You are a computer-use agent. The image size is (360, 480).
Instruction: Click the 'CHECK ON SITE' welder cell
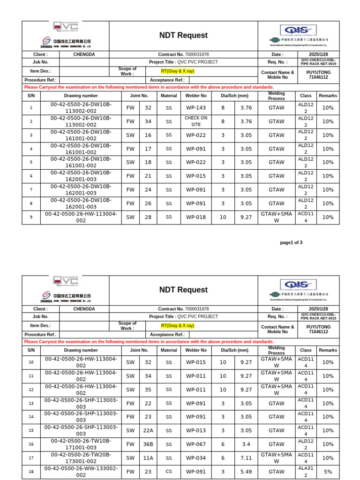196,121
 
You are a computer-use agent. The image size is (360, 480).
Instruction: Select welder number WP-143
196,108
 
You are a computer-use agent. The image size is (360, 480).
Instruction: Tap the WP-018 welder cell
196,217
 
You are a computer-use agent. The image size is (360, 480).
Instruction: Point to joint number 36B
148,444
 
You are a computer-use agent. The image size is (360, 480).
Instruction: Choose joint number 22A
148,430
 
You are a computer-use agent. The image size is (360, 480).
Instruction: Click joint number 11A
148,458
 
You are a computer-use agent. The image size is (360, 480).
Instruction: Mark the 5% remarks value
328,472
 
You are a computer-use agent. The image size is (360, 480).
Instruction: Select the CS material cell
169,472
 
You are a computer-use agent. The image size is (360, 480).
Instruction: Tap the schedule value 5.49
246,472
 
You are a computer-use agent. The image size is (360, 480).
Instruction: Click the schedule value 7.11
246,458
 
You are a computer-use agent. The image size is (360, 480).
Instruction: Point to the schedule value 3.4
246,444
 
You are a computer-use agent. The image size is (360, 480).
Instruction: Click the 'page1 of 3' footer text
291,242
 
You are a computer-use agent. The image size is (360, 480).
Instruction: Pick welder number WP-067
196,444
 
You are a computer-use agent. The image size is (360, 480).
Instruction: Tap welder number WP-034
196,458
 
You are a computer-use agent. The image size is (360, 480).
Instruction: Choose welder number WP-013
196,430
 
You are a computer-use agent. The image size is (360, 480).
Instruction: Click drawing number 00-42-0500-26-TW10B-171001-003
81,444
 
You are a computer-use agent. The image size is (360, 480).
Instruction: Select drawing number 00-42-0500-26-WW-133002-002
81,472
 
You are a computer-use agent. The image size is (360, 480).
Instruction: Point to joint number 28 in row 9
148,217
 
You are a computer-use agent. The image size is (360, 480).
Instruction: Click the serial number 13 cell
31,403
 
